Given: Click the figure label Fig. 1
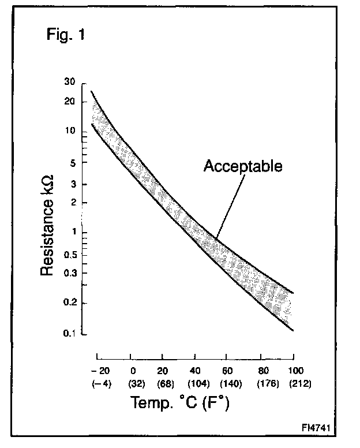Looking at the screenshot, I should click(x=65, y=35).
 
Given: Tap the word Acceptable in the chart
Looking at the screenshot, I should click(x=243, y=167).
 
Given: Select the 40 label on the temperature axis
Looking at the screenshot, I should click(x=197, y=370).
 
